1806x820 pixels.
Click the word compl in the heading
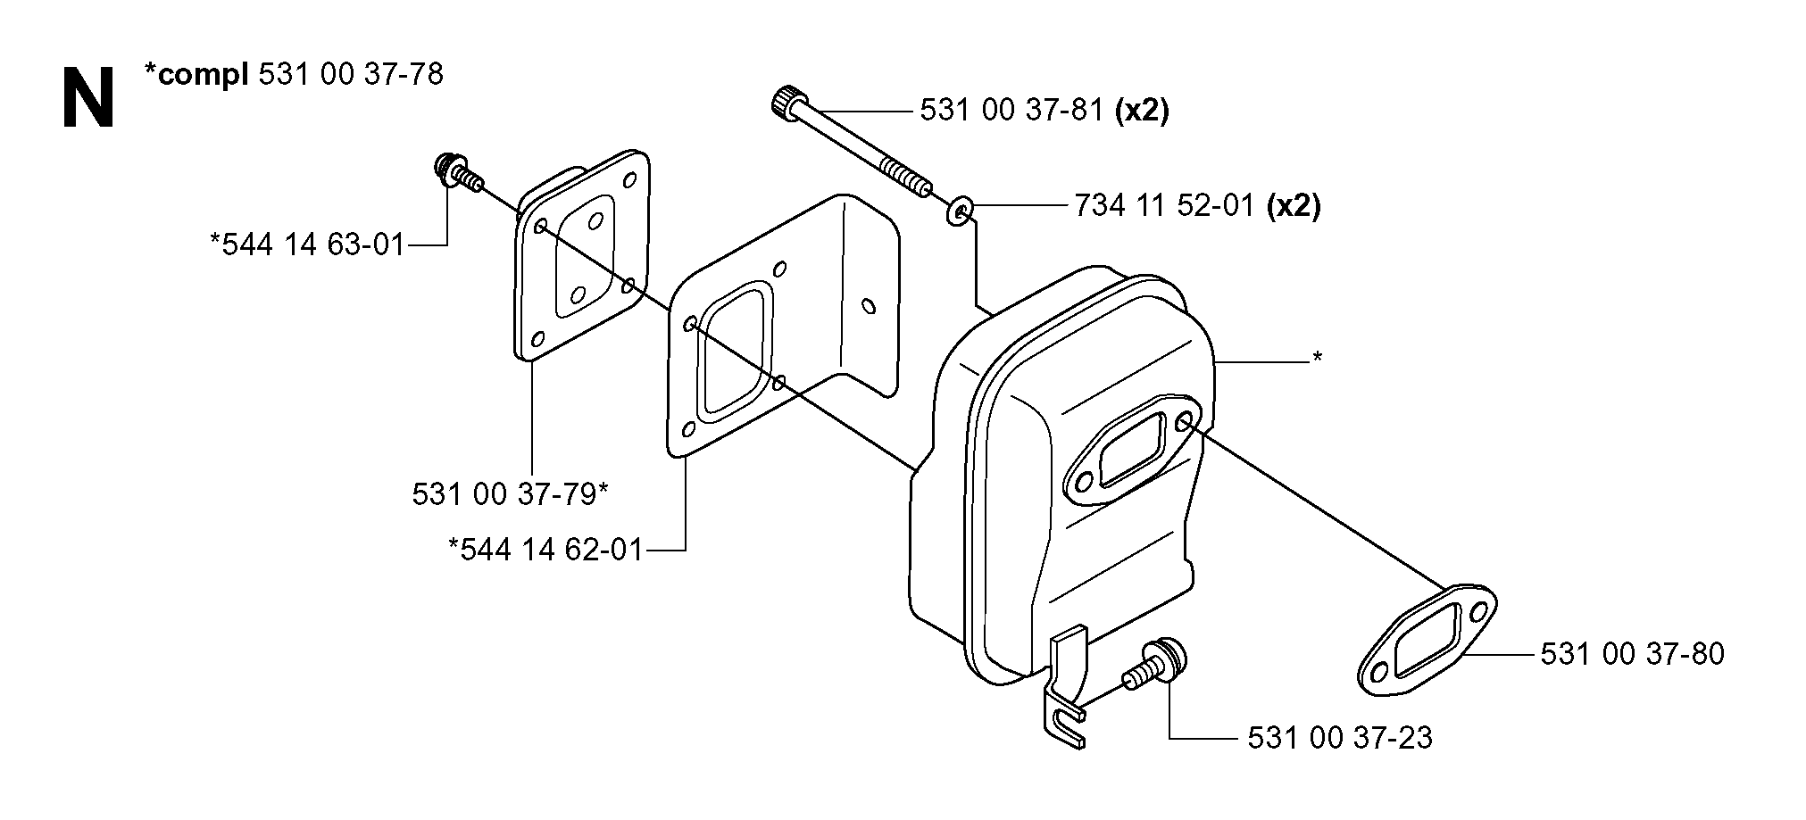coord(203,75)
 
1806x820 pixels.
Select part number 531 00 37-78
coord(350,74)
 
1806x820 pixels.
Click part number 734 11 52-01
coord(1165,206)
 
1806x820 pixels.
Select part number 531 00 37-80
coord(1633,654)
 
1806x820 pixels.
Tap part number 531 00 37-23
coord(1339,737)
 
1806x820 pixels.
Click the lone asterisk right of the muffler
coord(1317,359)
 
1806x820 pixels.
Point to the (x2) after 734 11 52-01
coord(1294,206)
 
